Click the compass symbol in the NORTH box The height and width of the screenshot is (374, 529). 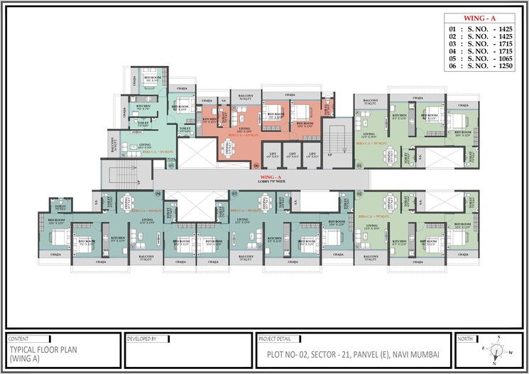498,350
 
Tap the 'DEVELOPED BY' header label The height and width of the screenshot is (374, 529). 141,339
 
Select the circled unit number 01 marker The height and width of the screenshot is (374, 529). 359,165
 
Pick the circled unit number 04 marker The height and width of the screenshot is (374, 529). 158,193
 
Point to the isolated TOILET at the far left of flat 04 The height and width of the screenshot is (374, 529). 58,207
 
